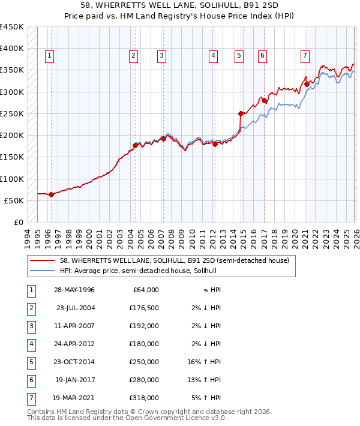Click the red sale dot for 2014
[241, 113]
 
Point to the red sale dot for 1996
[51, 194]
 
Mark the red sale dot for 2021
[306, 84]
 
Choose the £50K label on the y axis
[14, 200]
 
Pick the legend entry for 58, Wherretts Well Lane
[175, 260]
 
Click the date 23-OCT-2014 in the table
[74, 362]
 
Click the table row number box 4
[31, 344]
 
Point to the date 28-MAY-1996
[74, 290]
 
